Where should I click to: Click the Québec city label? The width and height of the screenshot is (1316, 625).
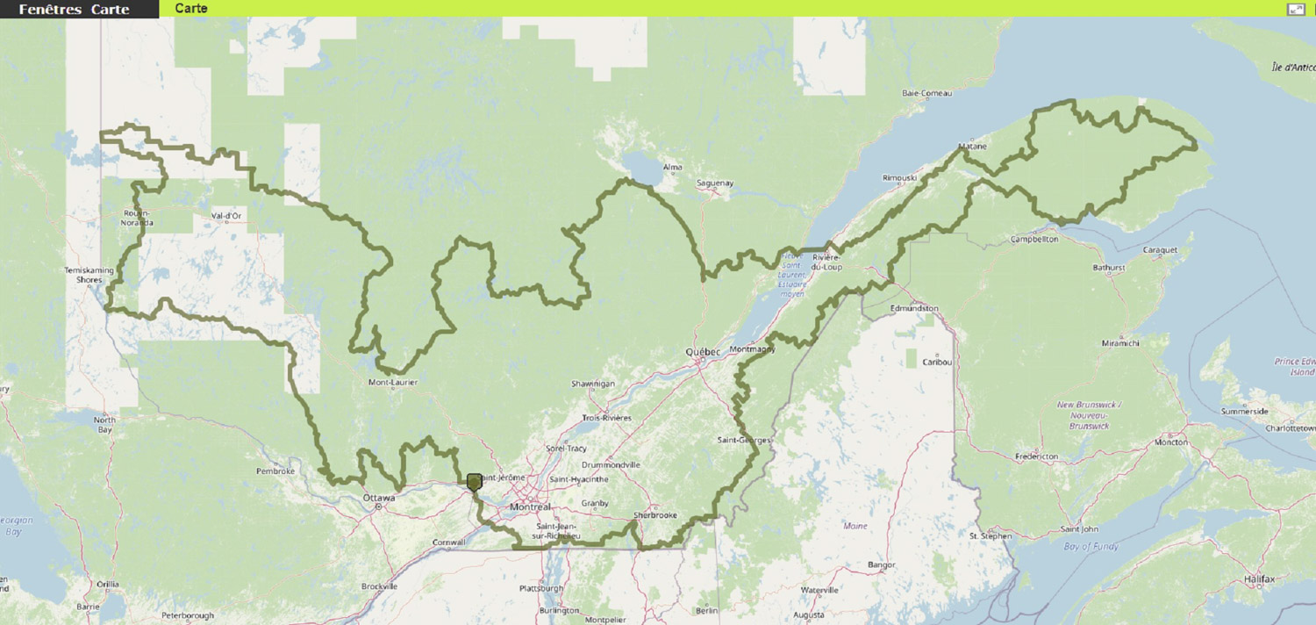[x=703, y=352]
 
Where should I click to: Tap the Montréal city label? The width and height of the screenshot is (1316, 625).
[x=529, y=507]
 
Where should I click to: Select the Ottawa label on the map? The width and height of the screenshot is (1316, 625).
[x=379, y=499]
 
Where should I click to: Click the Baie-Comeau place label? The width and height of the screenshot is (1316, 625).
[x=926, y=93]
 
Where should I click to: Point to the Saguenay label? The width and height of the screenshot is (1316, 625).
[x=714, y=183]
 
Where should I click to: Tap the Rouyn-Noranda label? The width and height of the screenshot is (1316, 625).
[x=138, y=218]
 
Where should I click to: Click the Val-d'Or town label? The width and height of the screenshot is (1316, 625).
[x=226, y=215]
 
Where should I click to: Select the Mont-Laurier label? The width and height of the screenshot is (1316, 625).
[x=392, y=383]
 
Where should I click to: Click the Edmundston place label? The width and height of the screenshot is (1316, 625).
[x=914, y=309]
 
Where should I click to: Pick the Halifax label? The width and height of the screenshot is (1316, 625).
[x=1259, y=580]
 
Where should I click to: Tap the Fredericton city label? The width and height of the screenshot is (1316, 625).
[x=1036, y=457]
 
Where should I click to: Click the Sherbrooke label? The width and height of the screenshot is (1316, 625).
[x=655, y=515]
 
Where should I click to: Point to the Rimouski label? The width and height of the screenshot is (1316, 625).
[x=899, y=177]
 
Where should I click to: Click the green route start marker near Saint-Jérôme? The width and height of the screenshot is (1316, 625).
[x=475, y=482]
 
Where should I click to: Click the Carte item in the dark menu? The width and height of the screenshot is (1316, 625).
[x=110, y=10]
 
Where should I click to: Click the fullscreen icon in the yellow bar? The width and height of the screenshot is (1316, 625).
[x=1296, y=9]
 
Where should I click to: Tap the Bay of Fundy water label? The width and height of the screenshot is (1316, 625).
[x=1091, y=547]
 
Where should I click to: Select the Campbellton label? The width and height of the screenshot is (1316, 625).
[x=1034, y=239]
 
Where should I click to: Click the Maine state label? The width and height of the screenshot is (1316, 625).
[x=855, y=526]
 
